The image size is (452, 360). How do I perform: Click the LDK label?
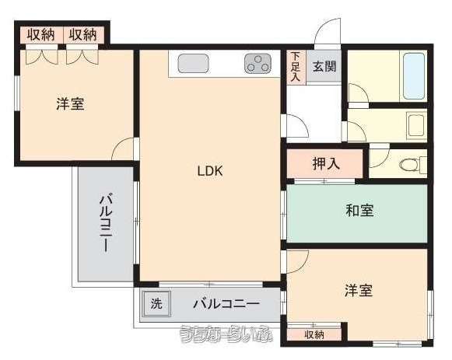(x=210, y=171)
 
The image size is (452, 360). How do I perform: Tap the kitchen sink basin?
(x=193, y=63)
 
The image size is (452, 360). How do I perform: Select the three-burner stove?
(x=258, y=63)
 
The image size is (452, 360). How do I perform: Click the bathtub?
(x=414, y=75)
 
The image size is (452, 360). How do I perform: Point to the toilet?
(x=413, y=165)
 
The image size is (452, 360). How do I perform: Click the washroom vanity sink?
(x=416, y=125)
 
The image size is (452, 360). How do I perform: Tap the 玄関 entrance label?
(x=324, y=67)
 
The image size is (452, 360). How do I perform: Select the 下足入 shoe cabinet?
(x=296, y=67)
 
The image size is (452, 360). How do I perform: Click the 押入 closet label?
(x=326, y=163)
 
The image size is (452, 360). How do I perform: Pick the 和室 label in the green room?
(x=359, y=210)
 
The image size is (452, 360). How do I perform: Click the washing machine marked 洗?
(x=156, y=303)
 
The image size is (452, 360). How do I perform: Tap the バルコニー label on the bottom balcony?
(x=226, y=304)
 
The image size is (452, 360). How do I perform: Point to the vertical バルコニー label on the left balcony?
(x=106, y=223)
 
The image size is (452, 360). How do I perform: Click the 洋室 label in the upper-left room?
(x=70, y=104)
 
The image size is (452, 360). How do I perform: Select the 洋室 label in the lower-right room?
(x=359, y=290)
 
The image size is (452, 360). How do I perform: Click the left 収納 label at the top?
(x=40, y=35)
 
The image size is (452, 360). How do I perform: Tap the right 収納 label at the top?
(x=82, y=35)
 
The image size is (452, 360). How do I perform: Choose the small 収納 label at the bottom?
(x=314, y=334)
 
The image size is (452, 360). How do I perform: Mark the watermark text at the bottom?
(x=226, y=334)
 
